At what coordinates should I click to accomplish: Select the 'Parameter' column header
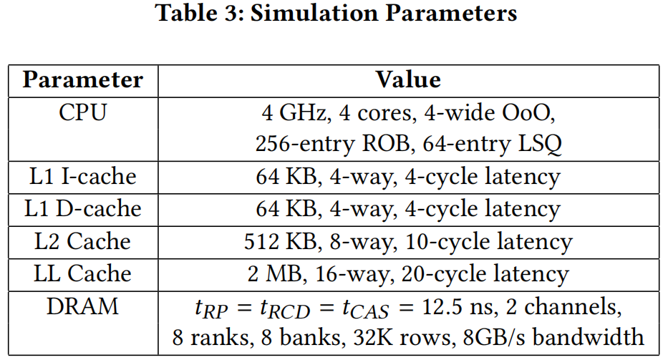(83, 79)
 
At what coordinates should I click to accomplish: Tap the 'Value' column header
(408, 79)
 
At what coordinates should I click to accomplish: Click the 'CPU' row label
(83, 112)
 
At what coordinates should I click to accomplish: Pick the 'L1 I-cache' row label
(83, 175)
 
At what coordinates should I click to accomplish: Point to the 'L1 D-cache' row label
(83, 208)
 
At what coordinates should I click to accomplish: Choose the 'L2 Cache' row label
(83, 241)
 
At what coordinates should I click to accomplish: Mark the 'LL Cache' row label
(83, 274)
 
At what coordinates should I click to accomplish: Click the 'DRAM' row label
(83, 306)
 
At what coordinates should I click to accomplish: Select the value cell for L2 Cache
(408, 242)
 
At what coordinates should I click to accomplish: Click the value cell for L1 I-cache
(408, 176)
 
